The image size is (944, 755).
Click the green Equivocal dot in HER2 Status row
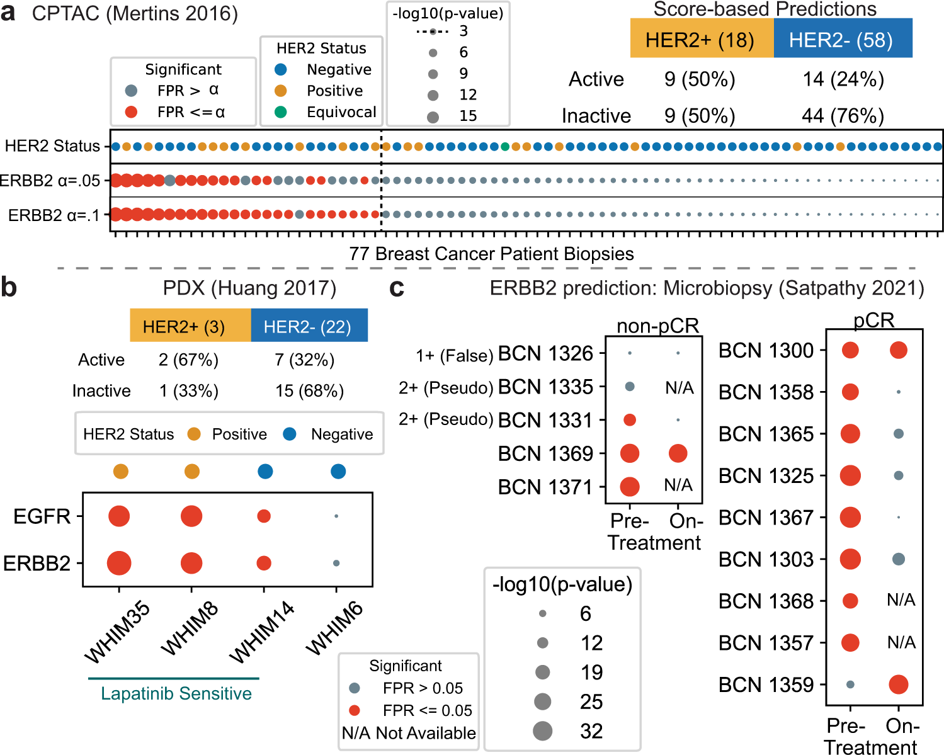point(505,147)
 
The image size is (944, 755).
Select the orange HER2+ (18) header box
point(702,39)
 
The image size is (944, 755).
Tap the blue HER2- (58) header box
point(842,39)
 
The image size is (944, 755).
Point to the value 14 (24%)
point(843,79)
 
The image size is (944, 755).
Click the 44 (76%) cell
point(843,116)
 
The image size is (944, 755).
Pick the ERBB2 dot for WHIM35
point(119,563)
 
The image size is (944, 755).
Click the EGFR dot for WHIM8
point(191,516)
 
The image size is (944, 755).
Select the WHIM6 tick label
point(335,628)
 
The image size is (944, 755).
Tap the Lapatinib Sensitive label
point(176,693)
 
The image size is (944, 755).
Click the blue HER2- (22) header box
point(309,326)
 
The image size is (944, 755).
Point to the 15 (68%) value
point(309,391)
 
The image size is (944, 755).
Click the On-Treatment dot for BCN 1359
point(899,684)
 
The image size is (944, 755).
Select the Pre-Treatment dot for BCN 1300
point(850,350)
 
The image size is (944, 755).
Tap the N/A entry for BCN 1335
point(679,388)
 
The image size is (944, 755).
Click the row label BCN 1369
point(545,453)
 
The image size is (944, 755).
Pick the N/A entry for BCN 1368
point(901,600)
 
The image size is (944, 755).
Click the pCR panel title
point(873,321)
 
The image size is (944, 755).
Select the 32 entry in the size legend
point(591,731)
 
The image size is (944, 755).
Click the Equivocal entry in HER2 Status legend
point(341,112)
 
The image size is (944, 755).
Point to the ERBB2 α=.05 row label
point(50,181)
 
